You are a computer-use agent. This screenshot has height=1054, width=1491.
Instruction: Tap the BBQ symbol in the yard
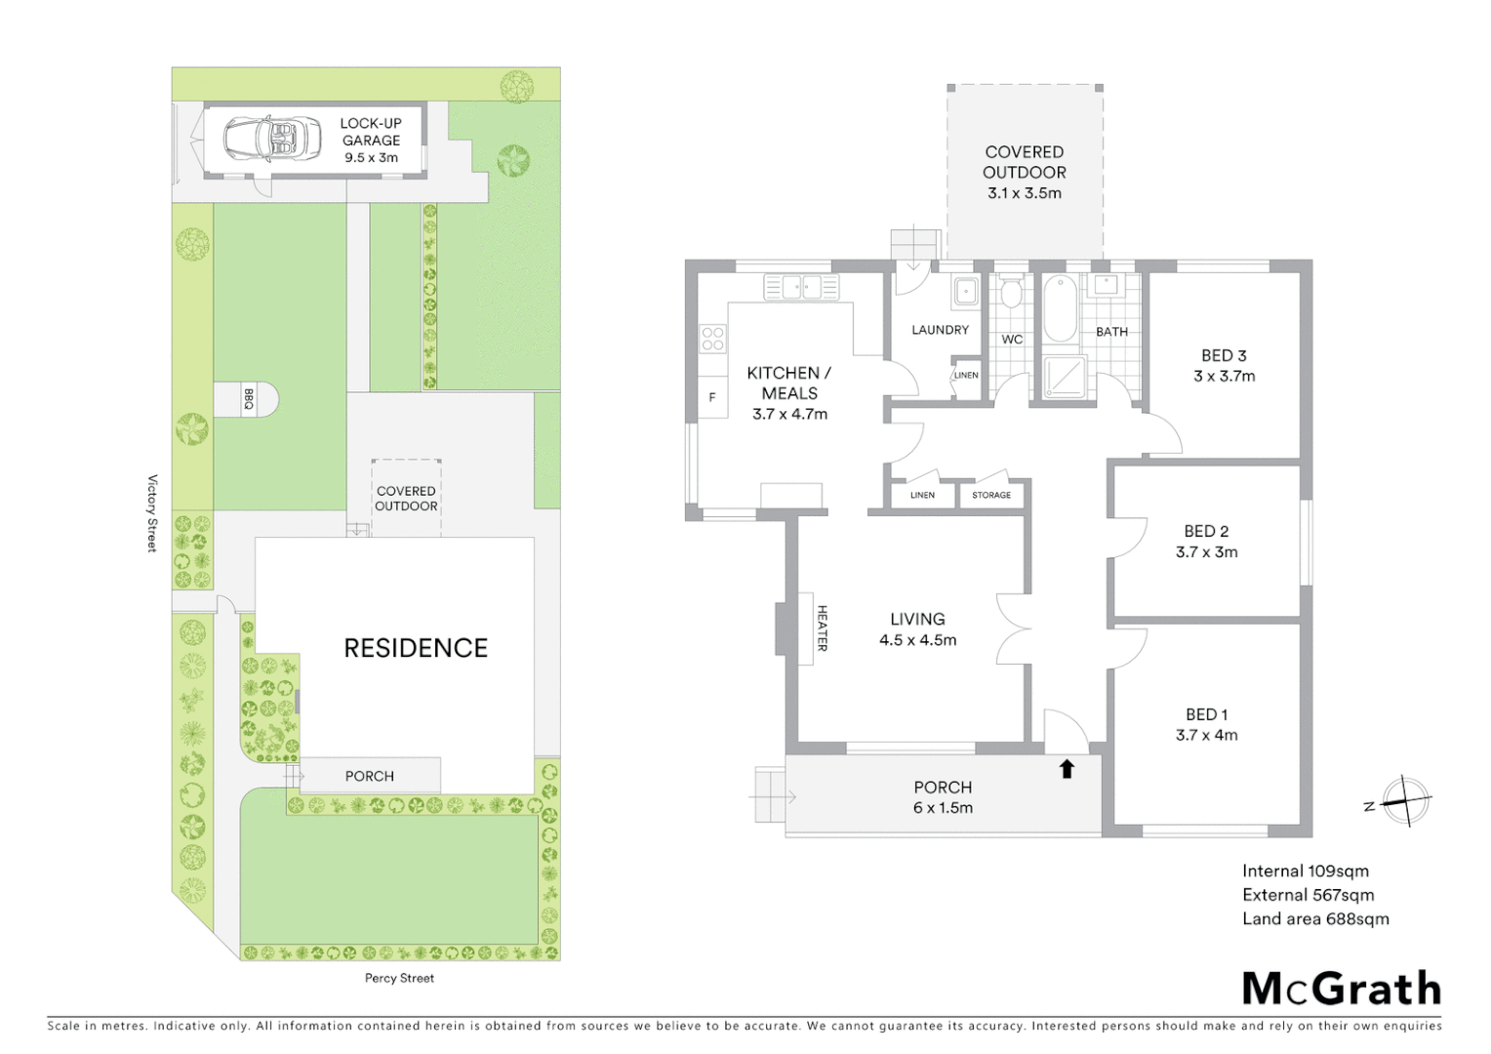click(249, 399)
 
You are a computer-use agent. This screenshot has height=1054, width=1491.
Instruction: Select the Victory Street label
click(151, 513)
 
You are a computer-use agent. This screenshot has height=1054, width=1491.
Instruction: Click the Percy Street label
click(399, 978)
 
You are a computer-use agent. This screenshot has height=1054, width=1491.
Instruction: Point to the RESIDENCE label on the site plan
click(416, 648)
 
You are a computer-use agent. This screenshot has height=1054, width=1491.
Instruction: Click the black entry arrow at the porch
click(1067, 769)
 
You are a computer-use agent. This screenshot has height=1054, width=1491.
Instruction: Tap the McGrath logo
click(1342, 989)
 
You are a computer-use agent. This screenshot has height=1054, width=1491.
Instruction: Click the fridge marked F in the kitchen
click(712, 397)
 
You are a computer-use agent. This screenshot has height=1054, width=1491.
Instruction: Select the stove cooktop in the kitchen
click(712, 339)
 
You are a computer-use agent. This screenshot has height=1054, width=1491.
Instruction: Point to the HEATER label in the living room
click(822, 628)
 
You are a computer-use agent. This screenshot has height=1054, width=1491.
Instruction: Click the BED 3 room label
click(1224, 356)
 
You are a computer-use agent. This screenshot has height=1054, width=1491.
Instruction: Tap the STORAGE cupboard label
click(991, 495)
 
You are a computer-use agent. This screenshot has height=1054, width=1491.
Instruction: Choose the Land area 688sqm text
click(1315, 918)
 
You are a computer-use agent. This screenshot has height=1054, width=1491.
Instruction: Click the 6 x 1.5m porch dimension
click(943, 807)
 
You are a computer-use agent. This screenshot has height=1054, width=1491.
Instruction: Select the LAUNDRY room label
click(940, 330)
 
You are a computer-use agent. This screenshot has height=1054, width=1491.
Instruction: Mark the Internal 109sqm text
click(1305, 872)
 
